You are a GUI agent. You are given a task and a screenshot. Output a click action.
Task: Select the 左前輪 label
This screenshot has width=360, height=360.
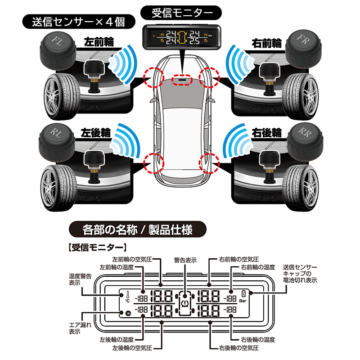point(99,43)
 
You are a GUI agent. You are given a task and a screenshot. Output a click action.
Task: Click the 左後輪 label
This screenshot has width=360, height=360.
point(95,133)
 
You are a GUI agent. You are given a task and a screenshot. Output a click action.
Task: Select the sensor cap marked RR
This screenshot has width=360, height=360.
point(304,138)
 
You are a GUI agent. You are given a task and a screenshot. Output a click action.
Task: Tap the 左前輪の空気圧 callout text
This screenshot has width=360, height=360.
point(133,259)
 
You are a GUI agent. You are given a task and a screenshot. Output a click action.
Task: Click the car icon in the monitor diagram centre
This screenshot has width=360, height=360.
point(185,302)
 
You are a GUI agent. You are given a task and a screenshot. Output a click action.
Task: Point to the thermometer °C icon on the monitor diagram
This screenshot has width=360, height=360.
point(123,297)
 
